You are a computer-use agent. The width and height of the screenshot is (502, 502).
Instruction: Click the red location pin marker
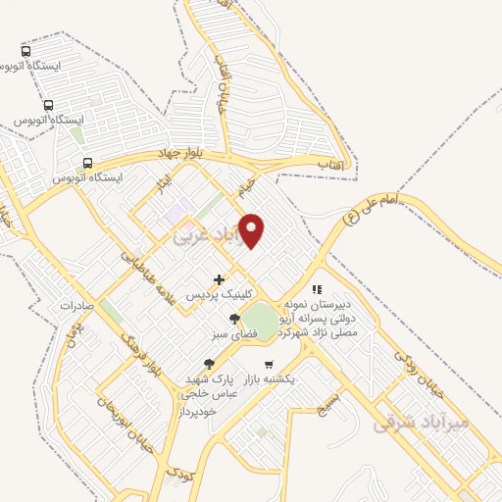click(252, 229)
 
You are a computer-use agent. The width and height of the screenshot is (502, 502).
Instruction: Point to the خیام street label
click(246, 183)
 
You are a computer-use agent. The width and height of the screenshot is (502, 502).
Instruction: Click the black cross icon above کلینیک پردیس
click(219, 279)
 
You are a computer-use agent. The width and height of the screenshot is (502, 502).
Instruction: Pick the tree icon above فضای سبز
click(233, 319)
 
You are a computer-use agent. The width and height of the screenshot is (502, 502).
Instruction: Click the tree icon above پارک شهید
click(209, 364)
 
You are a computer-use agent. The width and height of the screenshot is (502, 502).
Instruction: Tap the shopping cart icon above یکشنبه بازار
click(269, 364)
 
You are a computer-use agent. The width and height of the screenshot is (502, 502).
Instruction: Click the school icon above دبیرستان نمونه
click(316, 289)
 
